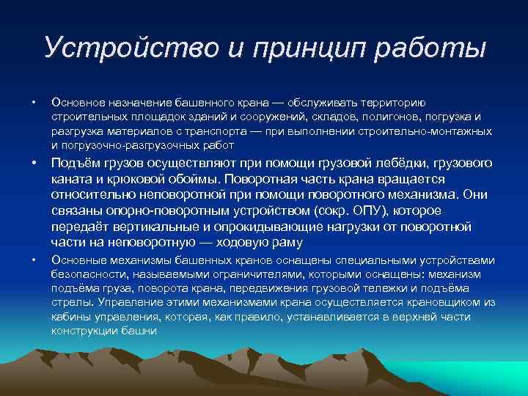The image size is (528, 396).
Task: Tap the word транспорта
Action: [213, 131]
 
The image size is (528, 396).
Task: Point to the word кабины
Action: [68, 316]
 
